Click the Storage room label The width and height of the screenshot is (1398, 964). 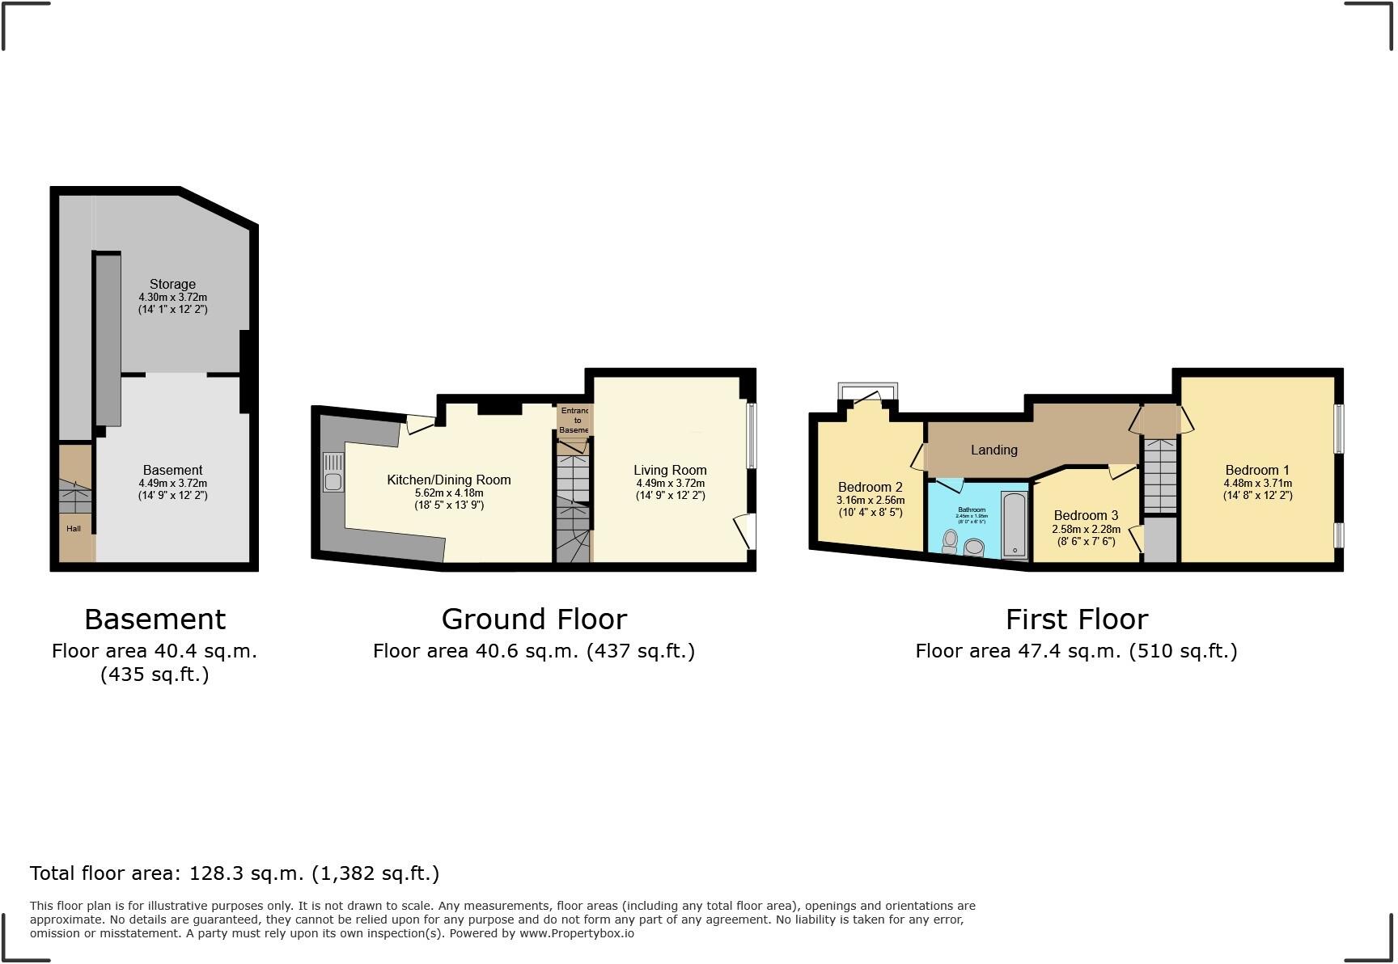coord(172,284)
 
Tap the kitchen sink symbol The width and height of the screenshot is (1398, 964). coord(333,472)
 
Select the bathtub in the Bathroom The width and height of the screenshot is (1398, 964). coord(1014,524)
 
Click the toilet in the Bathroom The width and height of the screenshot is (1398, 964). coord(950,540)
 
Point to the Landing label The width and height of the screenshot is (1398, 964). coord(993,450)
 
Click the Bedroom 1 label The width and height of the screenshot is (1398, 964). coord(1256,470)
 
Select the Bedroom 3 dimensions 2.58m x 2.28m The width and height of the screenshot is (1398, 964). coord(1086,529)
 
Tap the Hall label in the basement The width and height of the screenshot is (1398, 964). coord(74,529)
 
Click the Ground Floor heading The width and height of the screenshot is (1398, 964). coord(534,619)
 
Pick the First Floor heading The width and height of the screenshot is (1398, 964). coord(1076,619)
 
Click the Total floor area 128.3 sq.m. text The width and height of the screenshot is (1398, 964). coord(235,873)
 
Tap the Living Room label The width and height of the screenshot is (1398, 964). coord(670,470)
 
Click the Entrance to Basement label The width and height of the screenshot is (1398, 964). coord(574,421)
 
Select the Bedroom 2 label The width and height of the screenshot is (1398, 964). coord(870,487)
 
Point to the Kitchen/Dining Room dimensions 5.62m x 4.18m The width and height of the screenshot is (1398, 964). coord(449,493)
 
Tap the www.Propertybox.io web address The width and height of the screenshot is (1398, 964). coord(576,933)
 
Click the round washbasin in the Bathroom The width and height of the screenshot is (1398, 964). coord(974,548)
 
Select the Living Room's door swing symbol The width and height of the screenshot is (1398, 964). coord(744,531)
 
